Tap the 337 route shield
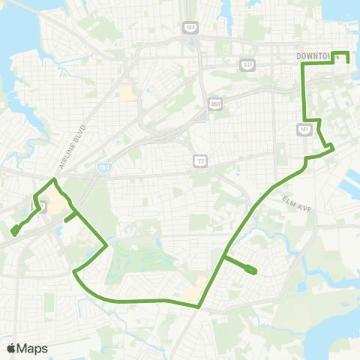point(247,65)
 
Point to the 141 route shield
point(304,129)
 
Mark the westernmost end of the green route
point(14,232)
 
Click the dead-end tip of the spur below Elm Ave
point(255,271)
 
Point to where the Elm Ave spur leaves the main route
point(223,258)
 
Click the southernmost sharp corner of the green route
point(199,306)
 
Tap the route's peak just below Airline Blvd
point(53,180)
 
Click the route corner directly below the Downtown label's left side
point(303,66)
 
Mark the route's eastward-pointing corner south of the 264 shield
point(108,244)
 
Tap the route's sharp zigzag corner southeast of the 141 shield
point(333,148)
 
